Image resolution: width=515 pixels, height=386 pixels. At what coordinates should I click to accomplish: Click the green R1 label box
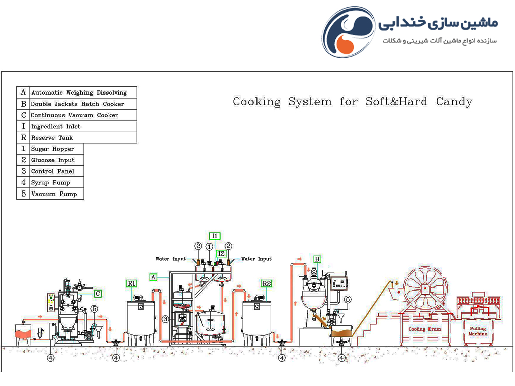click(x=131, y=283)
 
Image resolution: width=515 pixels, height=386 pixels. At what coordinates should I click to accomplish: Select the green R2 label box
click(x=267, y=283)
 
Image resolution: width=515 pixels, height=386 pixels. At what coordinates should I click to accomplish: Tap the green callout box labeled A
click(x=153, y=277)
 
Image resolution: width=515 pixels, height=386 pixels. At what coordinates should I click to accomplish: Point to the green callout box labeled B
click(x=317, y=259)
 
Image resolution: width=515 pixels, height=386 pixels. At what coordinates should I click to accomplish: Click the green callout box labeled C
click(x=98, y=294)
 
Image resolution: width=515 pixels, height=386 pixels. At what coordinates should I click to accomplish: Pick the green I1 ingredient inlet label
click(x=215, y=236)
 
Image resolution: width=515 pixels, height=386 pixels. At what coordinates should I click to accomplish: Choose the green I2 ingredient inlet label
click(x=221, y=253)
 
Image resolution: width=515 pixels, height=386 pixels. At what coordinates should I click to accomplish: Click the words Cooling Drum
click(x=424, y=329)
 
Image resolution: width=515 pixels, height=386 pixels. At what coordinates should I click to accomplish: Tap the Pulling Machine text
click(x=478, y=331)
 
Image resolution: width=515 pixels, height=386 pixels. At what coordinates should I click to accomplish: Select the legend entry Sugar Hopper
click(x=52, y=149)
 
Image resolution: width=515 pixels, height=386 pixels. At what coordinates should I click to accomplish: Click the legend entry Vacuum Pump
click(x=54, y=194)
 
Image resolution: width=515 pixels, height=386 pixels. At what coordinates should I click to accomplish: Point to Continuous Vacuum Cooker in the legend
click(x=74, y=115)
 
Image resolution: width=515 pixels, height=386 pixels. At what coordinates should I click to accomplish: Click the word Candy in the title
click(x=454, y=102)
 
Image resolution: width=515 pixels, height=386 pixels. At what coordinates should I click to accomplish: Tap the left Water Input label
click(x=171, y=259)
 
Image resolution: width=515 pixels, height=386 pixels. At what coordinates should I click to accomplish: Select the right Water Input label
click(x=256, y=259)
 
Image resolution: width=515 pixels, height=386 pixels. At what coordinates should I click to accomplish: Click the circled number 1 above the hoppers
click(x=209, y=246)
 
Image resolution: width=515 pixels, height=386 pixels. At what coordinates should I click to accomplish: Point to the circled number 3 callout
click(x=165, y=319)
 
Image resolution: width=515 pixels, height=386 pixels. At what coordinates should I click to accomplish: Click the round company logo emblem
click(x=348, y=32)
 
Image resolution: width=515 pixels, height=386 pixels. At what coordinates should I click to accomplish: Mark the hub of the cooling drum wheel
click(x=425, y=289)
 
